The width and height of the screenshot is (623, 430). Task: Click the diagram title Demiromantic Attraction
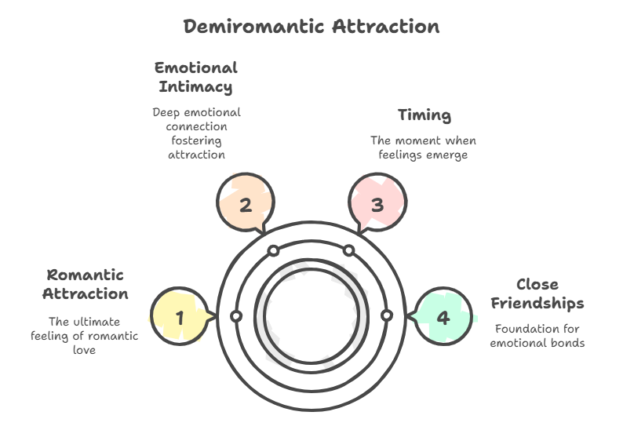pos(311,26)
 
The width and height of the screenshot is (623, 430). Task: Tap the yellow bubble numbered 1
pos(180,317)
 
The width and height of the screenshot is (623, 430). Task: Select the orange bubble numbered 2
pos(246,205)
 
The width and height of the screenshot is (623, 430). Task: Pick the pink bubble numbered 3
pos(377,205)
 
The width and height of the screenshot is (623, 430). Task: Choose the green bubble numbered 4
pos(443,317)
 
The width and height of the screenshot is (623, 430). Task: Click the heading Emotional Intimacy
pos(196,76)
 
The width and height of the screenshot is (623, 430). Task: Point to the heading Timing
pos(424,115)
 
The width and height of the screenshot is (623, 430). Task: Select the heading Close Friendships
pos(537,293)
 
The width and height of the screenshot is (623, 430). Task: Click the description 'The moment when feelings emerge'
pos(424,148)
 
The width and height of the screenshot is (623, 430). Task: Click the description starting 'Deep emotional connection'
pos(196,133)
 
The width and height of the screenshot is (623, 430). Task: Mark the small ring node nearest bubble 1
pos(235,316)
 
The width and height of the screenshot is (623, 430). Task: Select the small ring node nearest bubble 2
pos(273,251)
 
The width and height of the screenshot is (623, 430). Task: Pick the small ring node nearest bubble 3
pos(349,251)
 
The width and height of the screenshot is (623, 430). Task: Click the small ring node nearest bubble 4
pos(386,316)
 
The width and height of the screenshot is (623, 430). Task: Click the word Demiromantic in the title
pos(253,26)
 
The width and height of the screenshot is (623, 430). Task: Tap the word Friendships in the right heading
pos(537,303)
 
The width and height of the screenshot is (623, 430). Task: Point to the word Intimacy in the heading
pos(196,86)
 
